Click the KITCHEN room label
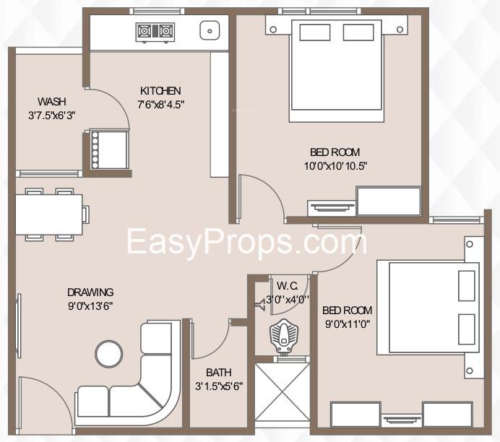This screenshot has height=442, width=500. tap(160, 91)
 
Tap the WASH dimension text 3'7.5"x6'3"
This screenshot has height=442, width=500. tap(51, 116)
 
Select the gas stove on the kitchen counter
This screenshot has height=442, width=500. tap(155, 32)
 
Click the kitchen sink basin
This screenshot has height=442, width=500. tap(210, 30)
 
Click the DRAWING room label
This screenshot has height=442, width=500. tap(90, 292)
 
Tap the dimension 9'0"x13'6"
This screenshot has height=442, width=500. tap(90, 306)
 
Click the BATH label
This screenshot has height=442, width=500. tap(219, 372)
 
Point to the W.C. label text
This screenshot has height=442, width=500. tap(288, 286)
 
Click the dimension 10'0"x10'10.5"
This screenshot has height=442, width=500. tap(335, 166)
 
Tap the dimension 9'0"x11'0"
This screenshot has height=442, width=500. tap(348, 324)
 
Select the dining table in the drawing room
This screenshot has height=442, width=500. tap(49, 214)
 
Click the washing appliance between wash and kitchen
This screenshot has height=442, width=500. tap(109, 149)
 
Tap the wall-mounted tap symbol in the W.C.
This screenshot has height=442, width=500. tap(259, 305)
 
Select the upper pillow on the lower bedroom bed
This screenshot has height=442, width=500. tap(467, 286)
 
